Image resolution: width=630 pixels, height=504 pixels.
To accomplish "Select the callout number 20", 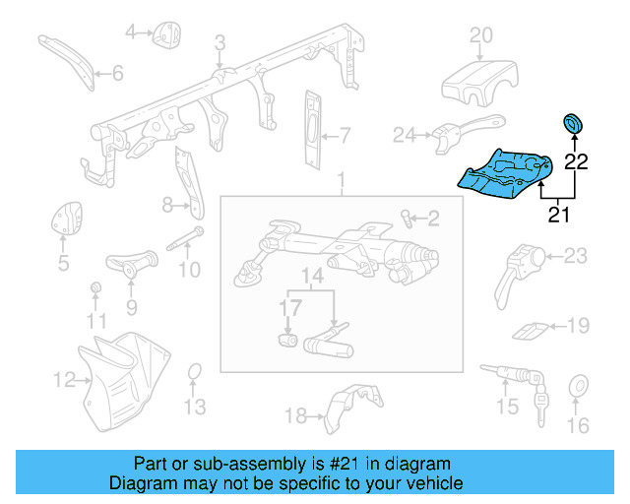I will pyautogui.click(x=479, y=36).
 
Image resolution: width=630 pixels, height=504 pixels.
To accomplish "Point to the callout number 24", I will pyautogui.click(x=404, y=134).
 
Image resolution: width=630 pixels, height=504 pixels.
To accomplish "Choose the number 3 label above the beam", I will pyautogui.click(x=220, y=42).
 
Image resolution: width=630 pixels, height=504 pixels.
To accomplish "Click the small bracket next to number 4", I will pyautogui.click(x=162, y=35).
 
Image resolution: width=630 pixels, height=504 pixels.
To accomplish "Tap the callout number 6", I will pyautogui.click(x=117, y=73).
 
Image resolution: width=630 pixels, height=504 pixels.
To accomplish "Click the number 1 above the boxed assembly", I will pyautogui.click(x=342, y=181).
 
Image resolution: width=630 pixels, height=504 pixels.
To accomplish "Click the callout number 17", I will pyautogui.click(x=287, y=307).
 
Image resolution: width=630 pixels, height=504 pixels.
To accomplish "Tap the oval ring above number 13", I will pyautogui.click(x=195, y=372).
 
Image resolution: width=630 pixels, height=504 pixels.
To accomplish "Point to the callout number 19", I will pyautogui.click(x=578, y=325).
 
